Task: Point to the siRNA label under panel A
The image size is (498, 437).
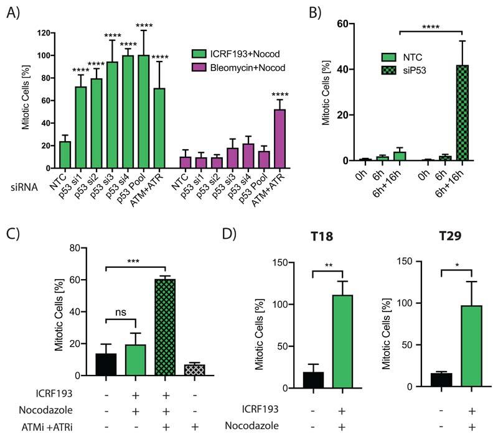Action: (x=21, y=186)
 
